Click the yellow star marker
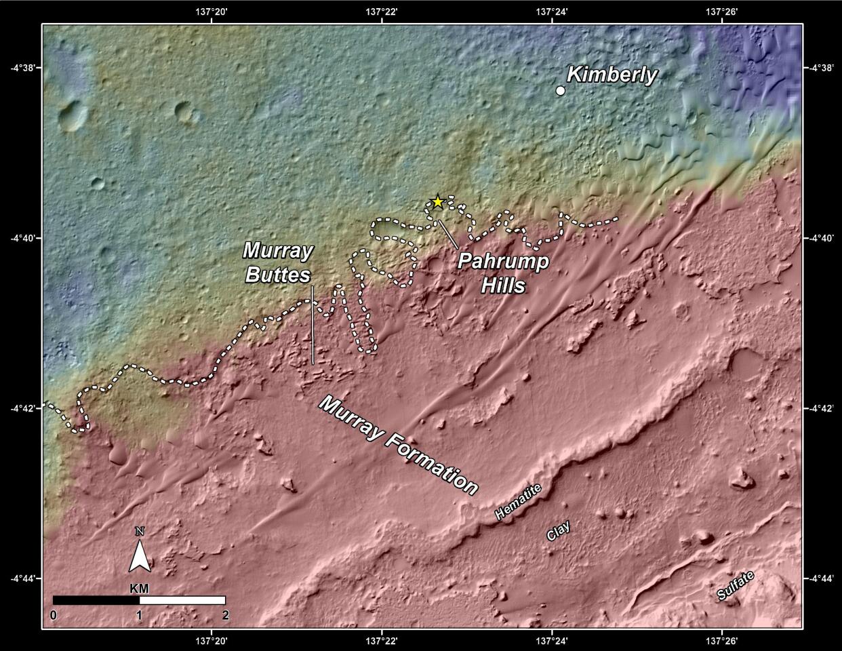(438, 201)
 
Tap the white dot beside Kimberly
(561, 90)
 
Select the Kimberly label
(612, 75)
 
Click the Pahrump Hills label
(503, 273)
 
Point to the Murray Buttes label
(278, 262)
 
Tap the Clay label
(559, 531)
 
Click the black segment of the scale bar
(96, 600)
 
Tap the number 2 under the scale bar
(225, 615)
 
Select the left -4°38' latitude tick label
(23, 67)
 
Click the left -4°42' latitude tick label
(23, 408)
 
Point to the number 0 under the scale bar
(54, 615)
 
